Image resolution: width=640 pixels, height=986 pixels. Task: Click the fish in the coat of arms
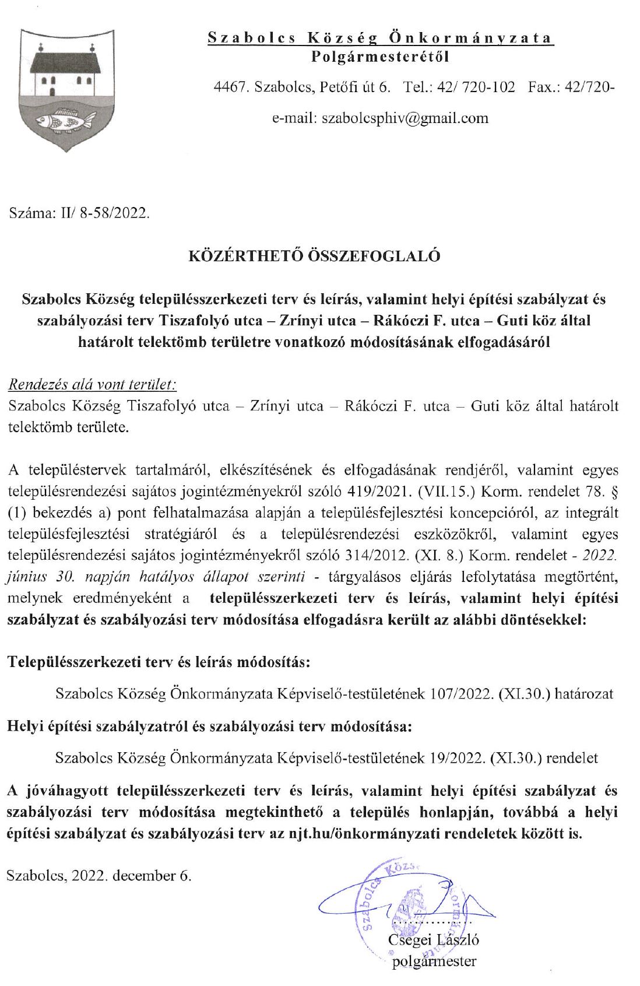(65, 121)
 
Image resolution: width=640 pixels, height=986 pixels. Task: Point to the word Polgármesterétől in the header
(381, 57)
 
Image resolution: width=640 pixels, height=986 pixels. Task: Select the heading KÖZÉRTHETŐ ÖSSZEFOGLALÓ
(315, 256)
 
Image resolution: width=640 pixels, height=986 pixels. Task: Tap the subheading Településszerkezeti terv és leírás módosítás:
(158, 661)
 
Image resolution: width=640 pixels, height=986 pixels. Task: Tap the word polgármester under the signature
(435, 962)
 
